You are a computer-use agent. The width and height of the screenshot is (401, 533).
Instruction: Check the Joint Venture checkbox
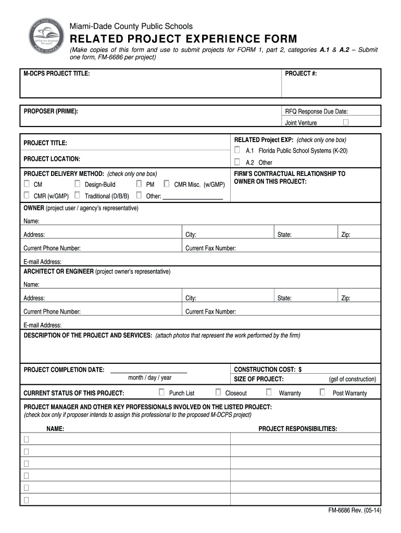click(x=346, y=122)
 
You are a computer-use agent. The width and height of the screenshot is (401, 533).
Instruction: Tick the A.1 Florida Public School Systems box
click(x=237, y=150)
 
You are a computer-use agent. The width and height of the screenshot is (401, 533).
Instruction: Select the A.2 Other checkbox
click(x=237, y=162)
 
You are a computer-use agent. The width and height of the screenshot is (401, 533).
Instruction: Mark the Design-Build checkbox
click(x=77, y=184)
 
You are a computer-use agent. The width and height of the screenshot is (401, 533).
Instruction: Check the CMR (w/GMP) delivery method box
click(x=27, y=196)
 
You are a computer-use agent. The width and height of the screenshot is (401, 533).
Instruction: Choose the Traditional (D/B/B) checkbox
click(x=77, y=196)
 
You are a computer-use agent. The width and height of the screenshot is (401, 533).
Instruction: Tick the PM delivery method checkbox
click(x=139, y=184)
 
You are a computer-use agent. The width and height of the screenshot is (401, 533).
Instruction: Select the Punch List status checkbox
click(x=161, y=392)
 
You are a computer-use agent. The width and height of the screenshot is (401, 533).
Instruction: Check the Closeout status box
click(x=218, y=392)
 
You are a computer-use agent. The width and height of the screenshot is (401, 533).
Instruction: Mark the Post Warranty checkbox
click(x=322, y=392)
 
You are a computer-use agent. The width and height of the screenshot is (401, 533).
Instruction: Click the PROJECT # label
click(x=300, y=74)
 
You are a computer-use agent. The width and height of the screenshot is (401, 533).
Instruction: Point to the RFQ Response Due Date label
click(x=316, y=111)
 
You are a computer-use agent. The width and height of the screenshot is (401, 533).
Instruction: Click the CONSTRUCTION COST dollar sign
click(x=300, y=369)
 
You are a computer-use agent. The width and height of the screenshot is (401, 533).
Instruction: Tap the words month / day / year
click(x=149, y=378)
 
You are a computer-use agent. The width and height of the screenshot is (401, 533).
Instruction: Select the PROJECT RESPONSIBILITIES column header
click(x=297, y=429)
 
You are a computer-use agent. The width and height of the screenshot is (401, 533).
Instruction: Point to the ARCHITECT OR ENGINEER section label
click(x=58, y=272)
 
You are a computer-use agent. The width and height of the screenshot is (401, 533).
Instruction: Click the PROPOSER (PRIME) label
click(x=51, y=111)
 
